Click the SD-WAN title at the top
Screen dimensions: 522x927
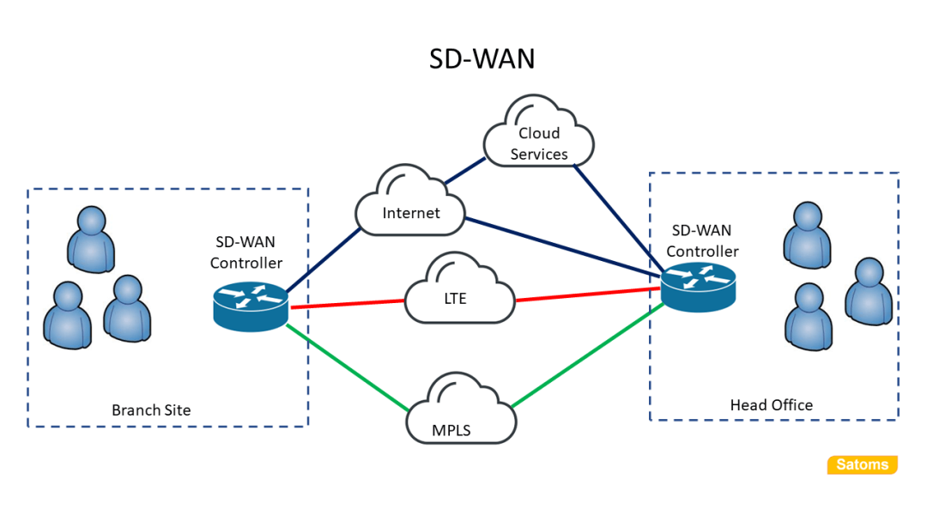[482, 58]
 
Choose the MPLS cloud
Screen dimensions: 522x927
[461, 413]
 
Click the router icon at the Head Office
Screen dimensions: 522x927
[699, 286]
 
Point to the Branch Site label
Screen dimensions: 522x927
[151, 410]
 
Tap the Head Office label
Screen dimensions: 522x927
[771, 405]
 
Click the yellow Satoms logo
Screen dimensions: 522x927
[863, 465]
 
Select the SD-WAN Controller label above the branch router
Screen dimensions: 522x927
[246, 252]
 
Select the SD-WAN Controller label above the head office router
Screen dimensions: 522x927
[702, 241]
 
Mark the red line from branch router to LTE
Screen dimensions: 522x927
[348, 304]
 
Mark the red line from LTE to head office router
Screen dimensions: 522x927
[588, 294]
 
